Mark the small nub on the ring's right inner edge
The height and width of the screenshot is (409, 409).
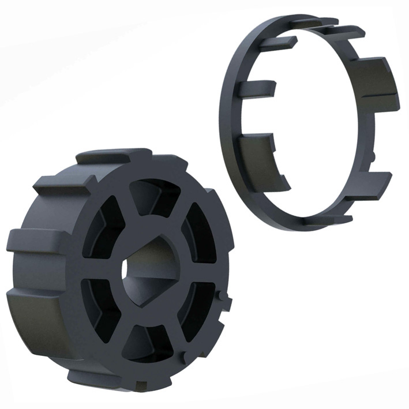373,155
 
